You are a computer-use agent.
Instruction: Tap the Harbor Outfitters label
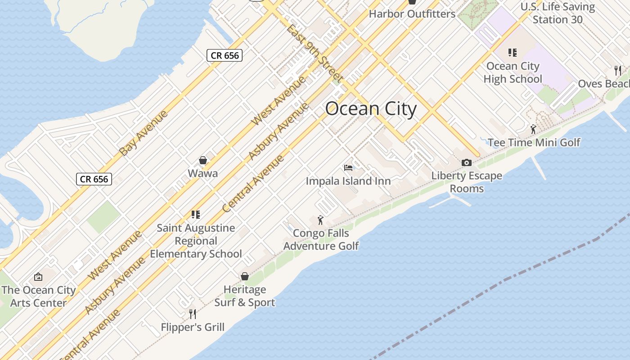412,14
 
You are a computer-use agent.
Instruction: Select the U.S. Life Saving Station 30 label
558,13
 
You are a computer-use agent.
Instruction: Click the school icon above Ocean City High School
512,53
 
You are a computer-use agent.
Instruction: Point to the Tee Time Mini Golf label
534,143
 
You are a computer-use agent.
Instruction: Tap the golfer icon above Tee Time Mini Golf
533,130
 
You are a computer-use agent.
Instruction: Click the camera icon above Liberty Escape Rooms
467,162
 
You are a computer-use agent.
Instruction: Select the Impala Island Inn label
348,181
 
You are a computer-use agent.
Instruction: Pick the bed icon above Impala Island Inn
348,168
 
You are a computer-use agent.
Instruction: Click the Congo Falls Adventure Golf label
321,239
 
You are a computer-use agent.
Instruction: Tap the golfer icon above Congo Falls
320,220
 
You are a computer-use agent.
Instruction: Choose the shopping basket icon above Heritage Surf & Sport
245,276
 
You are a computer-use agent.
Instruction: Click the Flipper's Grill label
193,327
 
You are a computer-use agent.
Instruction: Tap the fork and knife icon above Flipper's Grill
193,314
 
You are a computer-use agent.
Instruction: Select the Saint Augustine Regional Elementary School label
196,241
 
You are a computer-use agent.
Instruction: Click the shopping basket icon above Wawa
203,161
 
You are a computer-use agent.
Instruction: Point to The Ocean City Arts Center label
38,297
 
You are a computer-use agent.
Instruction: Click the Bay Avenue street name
144,133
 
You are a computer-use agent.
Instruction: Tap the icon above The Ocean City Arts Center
38,277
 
